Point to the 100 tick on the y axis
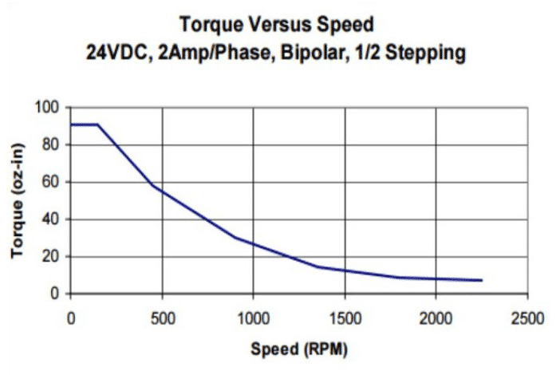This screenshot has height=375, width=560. [50, 107]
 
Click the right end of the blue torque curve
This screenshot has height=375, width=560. [481, 280]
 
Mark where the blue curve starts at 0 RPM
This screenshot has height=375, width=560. [71, 124]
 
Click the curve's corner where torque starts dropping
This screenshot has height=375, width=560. [98, 124]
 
